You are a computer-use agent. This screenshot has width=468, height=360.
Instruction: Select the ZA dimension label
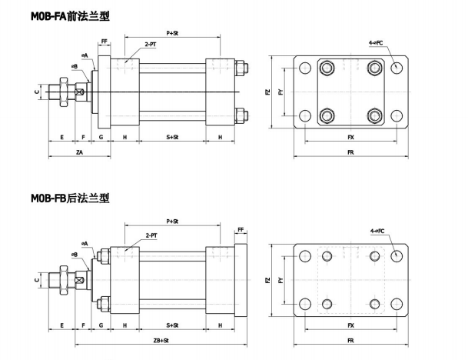(x=79, y=153)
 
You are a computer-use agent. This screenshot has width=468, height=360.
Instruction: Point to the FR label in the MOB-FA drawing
(x=351, y=153)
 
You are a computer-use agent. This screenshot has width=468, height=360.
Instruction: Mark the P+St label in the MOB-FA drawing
(x=172, y=34)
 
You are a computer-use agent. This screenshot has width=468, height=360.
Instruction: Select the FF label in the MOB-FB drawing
(x=241, y=229)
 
